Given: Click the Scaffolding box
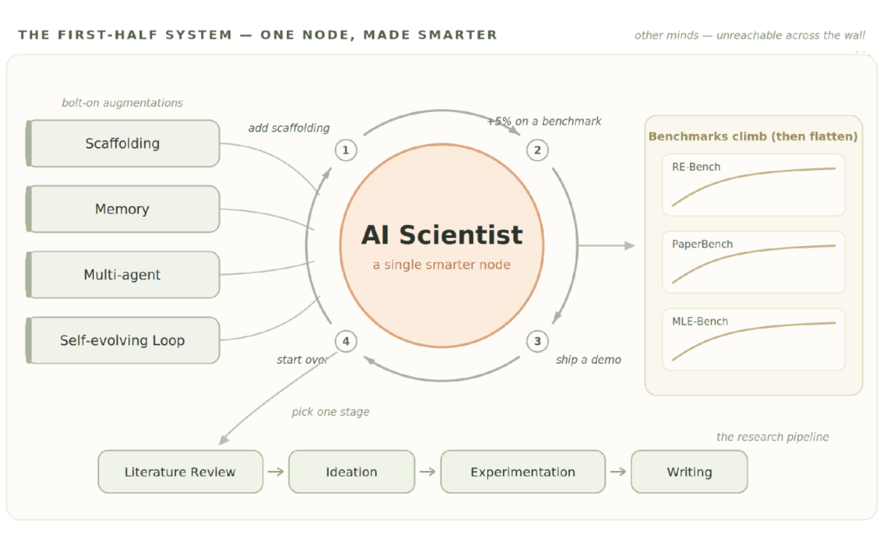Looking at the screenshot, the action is click(x=123, y=144).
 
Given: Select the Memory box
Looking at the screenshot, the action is click(x=123, y=208).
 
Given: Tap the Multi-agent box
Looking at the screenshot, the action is click(x=123, y=275).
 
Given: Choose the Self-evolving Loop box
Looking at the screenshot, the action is click(x=123, y=340).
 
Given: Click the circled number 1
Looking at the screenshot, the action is click(x=346, y=150).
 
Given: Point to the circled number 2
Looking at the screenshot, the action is click(x=537, y=150).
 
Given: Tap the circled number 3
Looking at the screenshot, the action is click(x=537, y=341).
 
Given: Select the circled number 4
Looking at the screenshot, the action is click(x=346, y=341).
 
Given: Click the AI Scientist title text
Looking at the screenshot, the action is click(x=442, y=235).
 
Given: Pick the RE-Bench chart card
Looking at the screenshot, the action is click(x=754, y=185).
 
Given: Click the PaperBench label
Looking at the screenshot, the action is click(x=702, y=244).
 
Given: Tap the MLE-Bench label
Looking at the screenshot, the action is click(x=700, y=321).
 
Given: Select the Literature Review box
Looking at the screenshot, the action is click(x=180, y=472).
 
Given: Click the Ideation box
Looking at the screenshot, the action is click(x=352, y=472).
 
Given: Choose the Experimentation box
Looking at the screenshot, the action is click(x=523, y=472).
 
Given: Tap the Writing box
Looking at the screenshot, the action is click(x=689, y=472).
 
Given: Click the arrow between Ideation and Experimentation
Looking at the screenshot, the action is click(x=428, y=472).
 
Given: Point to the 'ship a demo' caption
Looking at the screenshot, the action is click(x=589, y=360).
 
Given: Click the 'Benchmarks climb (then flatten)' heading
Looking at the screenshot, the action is click(x=753, y=137).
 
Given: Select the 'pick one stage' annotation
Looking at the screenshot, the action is click(x=330, y=412).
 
